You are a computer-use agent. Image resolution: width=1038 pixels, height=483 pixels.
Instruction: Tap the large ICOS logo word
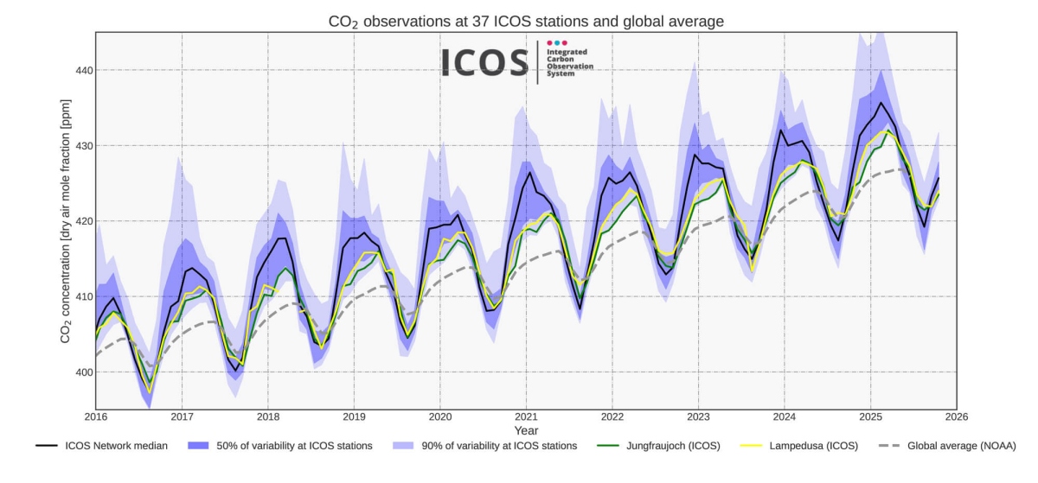[x=484, y=63]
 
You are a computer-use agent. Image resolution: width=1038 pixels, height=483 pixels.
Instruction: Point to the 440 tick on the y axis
[x=83, y=70]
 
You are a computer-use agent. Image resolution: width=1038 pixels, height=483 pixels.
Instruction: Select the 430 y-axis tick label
[x=83, y=145]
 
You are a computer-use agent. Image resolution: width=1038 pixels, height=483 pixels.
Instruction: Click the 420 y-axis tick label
[x=83, y=221]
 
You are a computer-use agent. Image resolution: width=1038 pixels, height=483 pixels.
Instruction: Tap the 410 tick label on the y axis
[x=83, y=296]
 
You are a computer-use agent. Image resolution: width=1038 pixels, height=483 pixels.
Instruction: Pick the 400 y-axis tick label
[x=83, y=372]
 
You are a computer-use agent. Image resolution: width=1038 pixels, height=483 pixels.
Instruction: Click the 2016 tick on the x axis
[x=95, y=417]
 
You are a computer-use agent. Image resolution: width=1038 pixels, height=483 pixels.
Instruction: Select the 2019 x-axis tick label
[x=354, y=417]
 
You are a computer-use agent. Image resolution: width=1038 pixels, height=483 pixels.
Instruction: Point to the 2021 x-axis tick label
[x=526, y=417]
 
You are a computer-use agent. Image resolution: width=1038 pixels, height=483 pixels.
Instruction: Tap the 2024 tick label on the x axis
[x=784, y=417]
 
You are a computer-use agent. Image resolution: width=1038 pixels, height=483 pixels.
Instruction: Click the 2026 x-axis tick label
[x=956, y=417]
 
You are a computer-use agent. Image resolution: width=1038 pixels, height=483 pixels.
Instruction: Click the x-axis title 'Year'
[x=526, y=430]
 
